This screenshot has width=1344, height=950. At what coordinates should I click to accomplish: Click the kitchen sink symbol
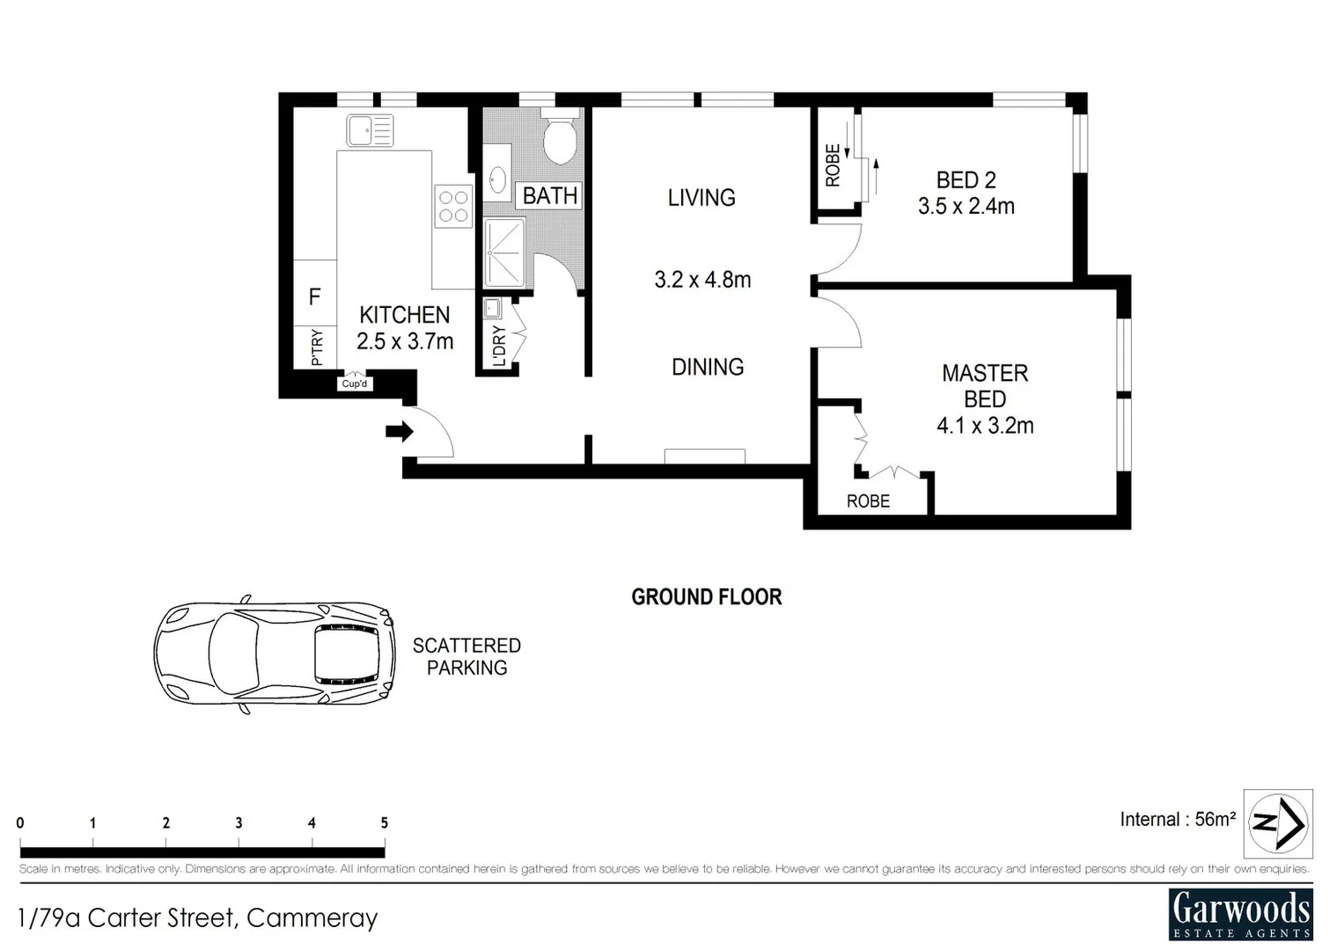point(370,130)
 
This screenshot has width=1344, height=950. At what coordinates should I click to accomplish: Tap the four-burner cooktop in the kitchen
point(453,207)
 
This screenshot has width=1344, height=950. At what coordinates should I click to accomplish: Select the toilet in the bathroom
point(559,139)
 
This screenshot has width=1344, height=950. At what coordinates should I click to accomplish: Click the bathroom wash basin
point(496,180)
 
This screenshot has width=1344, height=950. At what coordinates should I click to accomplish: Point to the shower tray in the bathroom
point(503,252)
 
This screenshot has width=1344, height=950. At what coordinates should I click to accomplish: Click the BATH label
point(550,195)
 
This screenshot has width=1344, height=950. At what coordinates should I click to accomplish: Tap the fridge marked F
point(314,297)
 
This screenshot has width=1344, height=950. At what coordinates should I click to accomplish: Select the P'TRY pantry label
point(317,347)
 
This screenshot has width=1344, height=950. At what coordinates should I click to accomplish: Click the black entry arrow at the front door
point(399,431)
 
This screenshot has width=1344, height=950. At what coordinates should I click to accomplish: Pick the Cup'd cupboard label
point(355,384)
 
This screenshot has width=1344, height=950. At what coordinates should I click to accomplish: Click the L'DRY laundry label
point(499,346)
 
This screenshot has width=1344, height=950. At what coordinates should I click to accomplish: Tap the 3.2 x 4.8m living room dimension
point(702,280)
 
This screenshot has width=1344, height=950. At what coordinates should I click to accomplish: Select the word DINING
point(708,367)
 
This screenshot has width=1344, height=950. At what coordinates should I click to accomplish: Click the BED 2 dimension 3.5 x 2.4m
point(966,207)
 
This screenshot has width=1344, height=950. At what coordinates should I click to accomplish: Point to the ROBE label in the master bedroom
point(868,501)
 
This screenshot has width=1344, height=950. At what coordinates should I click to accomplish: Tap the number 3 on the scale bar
point(239,823)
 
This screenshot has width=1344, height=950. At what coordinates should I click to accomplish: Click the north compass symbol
point(1278,823)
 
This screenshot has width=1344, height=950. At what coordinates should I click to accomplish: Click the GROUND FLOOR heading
point(706,597)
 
